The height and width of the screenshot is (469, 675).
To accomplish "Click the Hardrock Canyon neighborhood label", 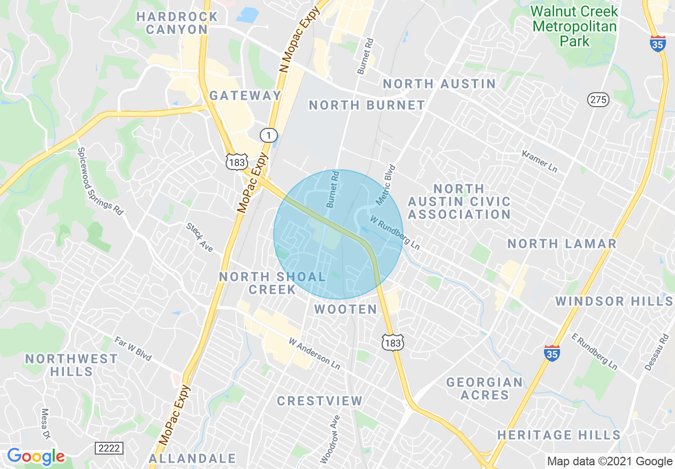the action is pos(177,23).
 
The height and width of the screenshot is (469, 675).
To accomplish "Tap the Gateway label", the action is pos(245,96).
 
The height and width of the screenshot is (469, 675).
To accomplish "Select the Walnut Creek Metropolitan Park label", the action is pos(574,26).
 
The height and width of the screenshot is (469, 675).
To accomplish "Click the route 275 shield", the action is pos(598,100).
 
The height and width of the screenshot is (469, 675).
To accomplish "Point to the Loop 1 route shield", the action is pos(269,135).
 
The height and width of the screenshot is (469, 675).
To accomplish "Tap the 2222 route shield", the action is pos(109,448).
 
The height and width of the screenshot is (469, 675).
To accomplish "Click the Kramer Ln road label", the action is pos(539,161).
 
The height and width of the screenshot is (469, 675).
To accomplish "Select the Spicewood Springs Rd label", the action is pos(100,181).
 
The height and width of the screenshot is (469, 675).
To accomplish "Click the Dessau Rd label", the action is pos(657,352).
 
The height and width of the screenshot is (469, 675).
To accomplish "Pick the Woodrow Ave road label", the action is pos(330,439).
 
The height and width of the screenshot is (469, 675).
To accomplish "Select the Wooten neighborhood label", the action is pos(345,309).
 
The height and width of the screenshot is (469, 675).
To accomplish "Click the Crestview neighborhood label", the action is pos(319,401).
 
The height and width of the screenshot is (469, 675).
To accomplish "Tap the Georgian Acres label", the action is pos(484,389).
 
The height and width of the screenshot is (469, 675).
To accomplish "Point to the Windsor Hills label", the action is pos(614,302).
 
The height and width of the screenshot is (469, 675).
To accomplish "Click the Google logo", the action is pos(36,456).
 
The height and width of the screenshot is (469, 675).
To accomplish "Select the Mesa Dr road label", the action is pos(46,424).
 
